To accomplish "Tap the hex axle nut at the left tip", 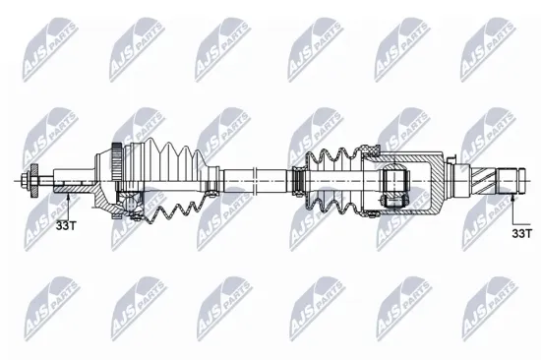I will point(24,182).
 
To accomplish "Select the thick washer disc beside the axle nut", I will point(36,182).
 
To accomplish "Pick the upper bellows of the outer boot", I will point(177,162).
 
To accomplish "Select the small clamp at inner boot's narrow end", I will point(294,183).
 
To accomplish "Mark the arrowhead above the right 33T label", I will point(513,198).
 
